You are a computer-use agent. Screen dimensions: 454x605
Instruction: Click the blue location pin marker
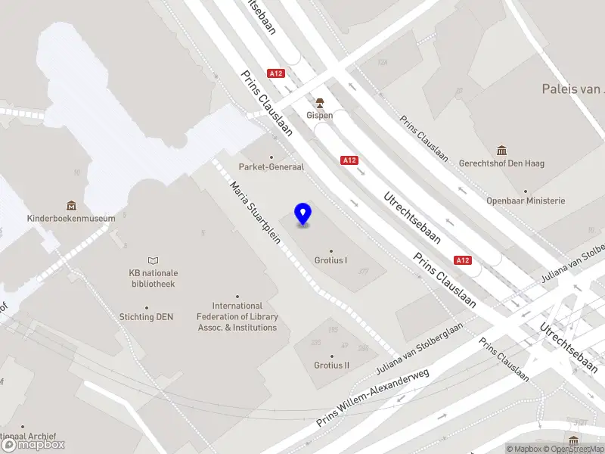[303, 214]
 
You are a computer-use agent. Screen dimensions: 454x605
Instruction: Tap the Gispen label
[320, 116]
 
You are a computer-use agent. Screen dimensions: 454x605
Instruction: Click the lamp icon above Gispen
[320, 102]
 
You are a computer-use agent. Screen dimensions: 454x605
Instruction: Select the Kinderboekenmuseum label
[71, 218]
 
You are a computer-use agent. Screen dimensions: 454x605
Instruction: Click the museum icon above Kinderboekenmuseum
[71, 205]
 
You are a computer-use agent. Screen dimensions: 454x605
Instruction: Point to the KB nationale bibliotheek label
[153, 278]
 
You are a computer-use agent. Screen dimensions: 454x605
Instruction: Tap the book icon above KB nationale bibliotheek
[154, 260]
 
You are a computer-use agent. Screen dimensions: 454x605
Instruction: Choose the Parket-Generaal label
[271, 166]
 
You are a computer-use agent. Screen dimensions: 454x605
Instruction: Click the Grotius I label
[330, 260]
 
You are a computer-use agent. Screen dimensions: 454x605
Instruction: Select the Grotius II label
[331, 365]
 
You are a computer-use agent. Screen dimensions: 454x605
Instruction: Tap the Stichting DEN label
[146, 317]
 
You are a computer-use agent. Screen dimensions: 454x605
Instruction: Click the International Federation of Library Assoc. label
[237, 317]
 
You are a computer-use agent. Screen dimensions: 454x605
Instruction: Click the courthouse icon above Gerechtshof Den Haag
[501, 150]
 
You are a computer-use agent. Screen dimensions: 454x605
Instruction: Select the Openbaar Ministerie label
[526, 201]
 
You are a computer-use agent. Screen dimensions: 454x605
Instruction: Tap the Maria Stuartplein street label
[256, 214]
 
